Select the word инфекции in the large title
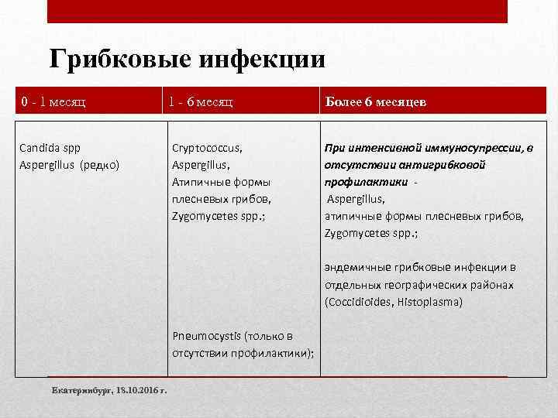(263, 59)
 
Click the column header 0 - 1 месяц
(53, 101)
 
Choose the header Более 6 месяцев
(375, 101)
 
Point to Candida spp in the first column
(50, 146)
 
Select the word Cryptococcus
(207, 146)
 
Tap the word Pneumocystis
(206, 336)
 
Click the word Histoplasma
(429, 301)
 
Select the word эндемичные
(356, 267)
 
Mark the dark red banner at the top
(277, 11)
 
